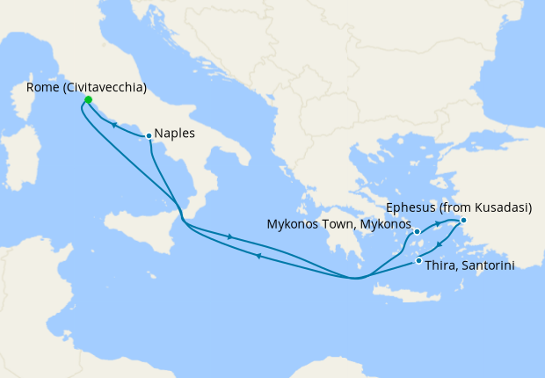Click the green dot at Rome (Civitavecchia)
[x=88, y=99]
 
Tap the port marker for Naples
[x=149, y=135]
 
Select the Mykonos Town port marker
[x=418, y=232]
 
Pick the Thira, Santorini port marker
[x=418, y=261]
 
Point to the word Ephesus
[x=410, y=208]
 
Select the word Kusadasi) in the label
[x=504, y=208]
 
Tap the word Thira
[x=440, y=265]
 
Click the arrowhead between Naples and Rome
[x=113, y=126]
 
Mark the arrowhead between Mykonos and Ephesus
[x=437, y=225]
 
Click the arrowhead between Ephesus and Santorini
[x=439, y=244]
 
